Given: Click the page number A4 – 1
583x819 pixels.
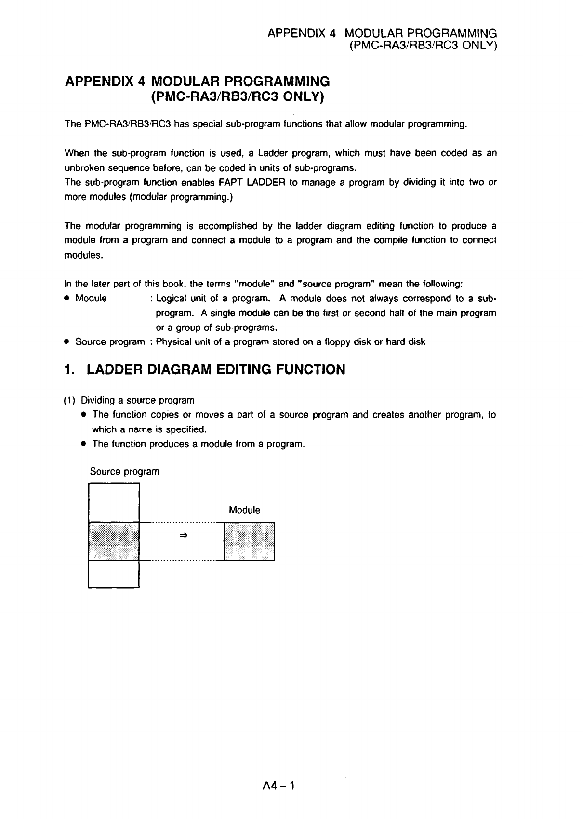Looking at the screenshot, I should (x=278, y=786).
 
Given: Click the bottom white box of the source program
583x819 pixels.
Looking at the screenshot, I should (x=114, y=574).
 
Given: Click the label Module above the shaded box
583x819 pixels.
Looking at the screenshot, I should (x=244, y=510).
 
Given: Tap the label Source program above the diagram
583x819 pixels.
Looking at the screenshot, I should (x=124, y=472).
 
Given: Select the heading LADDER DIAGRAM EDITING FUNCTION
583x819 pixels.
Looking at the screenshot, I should (x=215, y=370).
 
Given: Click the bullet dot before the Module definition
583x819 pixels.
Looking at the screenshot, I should (x=67, y=299).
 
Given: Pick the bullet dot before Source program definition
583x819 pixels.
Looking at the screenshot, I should (x=67, y=342).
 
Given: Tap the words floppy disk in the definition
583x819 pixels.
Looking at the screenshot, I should (x=344, y=342).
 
